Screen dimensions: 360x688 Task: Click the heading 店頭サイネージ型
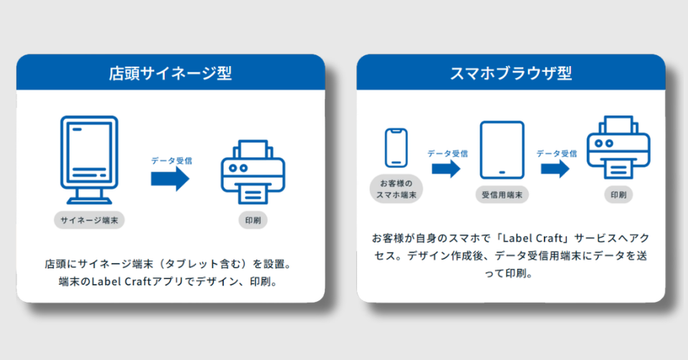(170, 72)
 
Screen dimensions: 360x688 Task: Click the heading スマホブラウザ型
(510, 72)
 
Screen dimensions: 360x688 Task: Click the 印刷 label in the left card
(252, 220)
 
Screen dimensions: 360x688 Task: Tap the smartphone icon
(396, 148)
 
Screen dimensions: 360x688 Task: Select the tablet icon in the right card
(502, 150)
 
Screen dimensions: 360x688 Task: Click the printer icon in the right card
(618, 149)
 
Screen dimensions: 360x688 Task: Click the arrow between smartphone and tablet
(446, 169)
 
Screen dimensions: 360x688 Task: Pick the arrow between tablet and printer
(555, 169)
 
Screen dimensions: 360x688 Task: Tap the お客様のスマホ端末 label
(396, 189)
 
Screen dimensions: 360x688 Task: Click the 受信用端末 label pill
(502, 194)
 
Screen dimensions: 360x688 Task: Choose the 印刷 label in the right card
(618, 194)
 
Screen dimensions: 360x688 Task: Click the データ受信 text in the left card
(171, 160)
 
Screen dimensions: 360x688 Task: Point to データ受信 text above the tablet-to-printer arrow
(556, 153)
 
